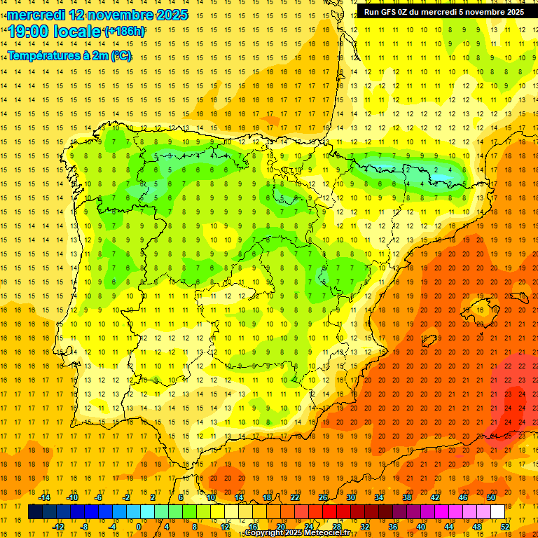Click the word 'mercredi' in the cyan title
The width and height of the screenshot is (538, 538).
[36, 14]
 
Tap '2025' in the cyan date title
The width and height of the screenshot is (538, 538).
[172, 14]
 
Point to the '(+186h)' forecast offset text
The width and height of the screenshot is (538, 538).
[124, 32]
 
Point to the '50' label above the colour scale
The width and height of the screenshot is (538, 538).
[491, 497]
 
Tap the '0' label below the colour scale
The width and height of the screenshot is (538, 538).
[139, 527]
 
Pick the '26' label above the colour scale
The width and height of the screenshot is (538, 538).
[323, 497]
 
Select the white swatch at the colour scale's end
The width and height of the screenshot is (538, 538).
[497, 512]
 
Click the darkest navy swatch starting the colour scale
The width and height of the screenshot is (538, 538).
[35, 512]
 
